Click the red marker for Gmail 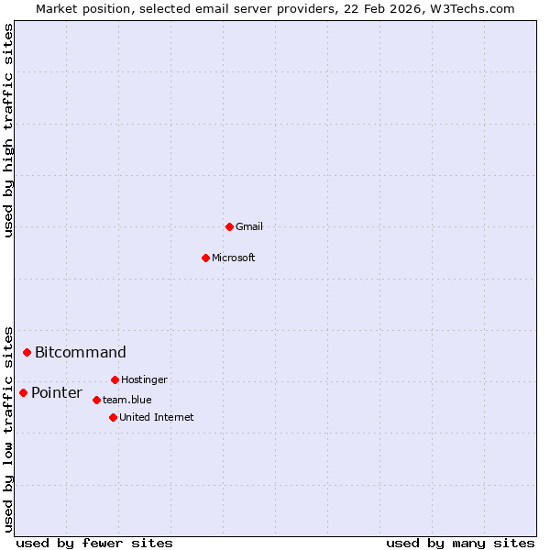(229, 226)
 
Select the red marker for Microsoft (205, 258)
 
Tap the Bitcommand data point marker (27, 352)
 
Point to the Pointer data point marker (24, 392)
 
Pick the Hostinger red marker (115, 379)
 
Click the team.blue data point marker (96, 400)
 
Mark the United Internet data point (113, 417)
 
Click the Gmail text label (249, 226)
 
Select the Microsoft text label (234, 258)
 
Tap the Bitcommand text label (81, 352)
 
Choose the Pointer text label (57, 392)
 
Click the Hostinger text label (144, 379)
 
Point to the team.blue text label (127, 400)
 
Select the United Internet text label (157, 417)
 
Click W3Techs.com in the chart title (472, 8)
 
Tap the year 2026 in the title (408, 8)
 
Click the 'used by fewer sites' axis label (94, 543)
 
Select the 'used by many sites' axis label (460, 543)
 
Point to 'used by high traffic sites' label (8, 130)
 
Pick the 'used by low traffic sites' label (8, 429)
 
